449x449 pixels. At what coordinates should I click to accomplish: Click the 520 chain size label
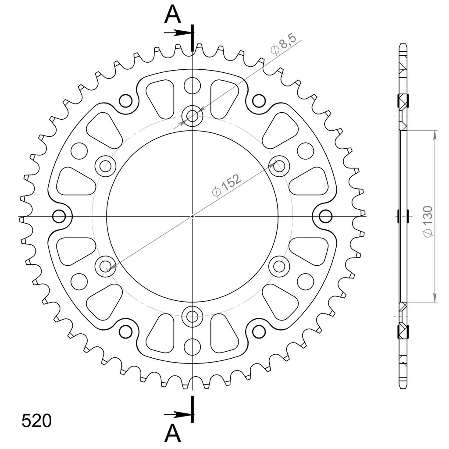(37, 420)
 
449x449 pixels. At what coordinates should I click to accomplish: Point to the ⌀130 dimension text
(428, 221)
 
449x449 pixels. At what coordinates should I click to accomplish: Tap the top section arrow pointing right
(178, 33)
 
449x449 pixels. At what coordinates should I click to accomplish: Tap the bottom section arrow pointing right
(178, 414)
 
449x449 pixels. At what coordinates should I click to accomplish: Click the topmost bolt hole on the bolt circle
(192, 116)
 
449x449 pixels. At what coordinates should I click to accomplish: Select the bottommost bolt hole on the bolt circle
(192, 317)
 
